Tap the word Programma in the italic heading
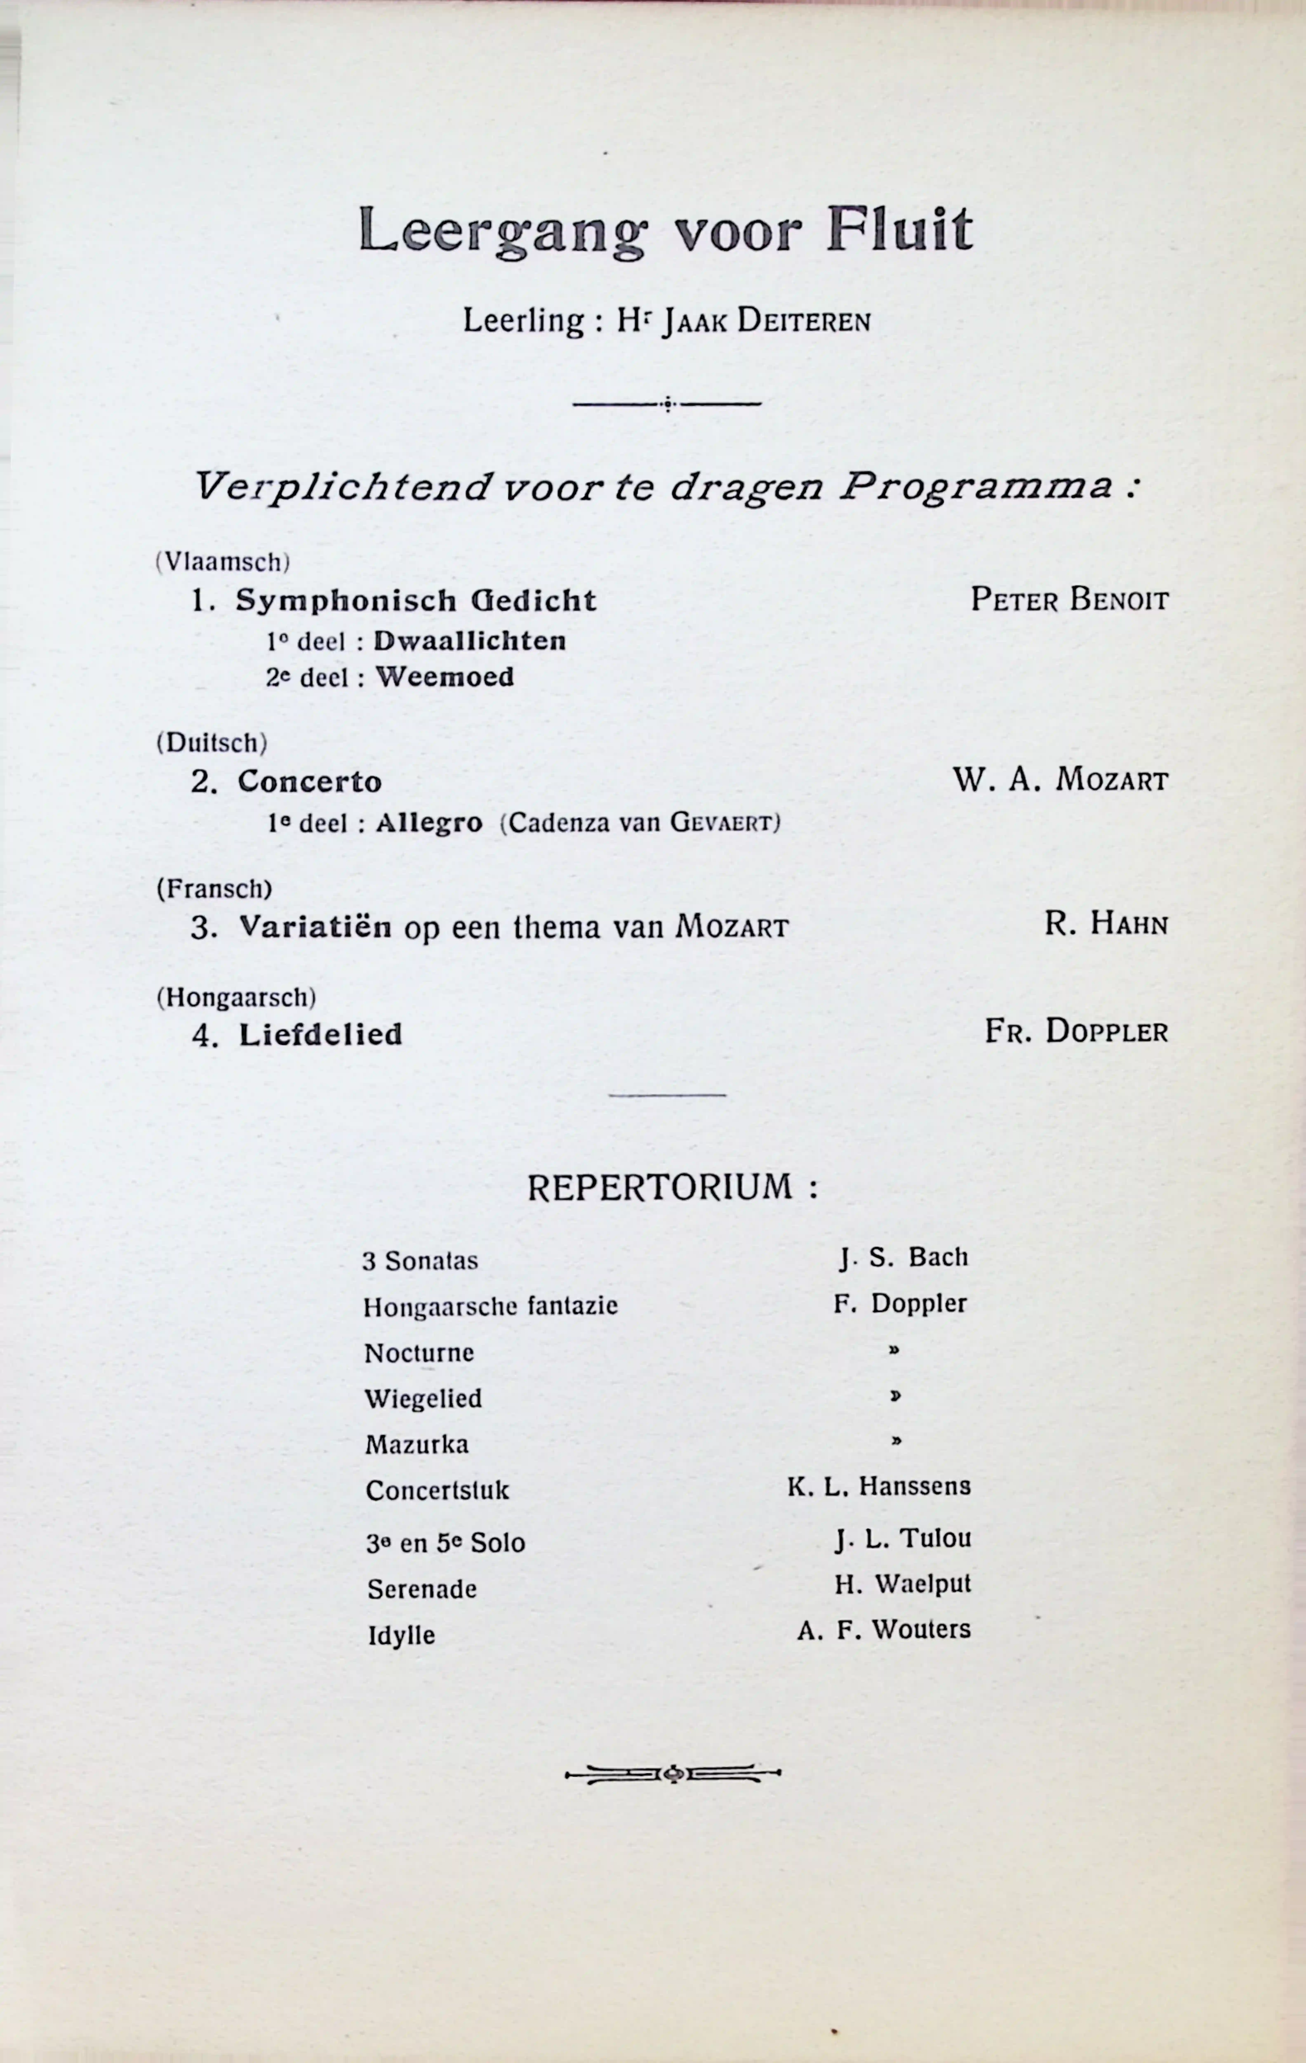pos(976,487)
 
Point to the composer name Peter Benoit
pos(1069,600)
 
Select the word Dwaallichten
pos(469,641)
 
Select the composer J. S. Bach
pos(904,1258)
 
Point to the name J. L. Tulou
pos(904,1539)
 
